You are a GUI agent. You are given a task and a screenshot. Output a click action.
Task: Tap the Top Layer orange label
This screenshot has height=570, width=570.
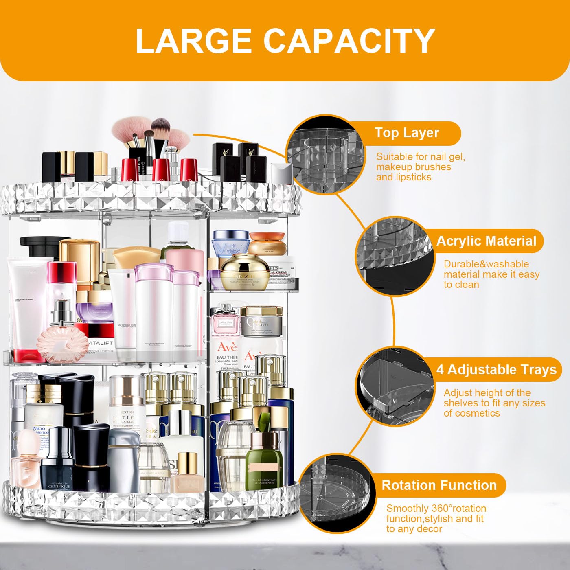(407, 133)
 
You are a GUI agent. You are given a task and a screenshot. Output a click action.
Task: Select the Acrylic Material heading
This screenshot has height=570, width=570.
(486, 241)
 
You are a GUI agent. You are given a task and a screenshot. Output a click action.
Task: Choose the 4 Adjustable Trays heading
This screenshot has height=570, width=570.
(496, 370)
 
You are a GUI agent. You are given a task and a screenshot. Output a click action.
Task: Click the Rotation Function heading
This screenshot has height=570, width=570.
(439, 485)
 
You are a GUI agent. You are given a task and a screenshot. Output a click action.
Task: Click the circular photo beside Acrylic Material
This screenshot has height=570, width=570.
(393, 256)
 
